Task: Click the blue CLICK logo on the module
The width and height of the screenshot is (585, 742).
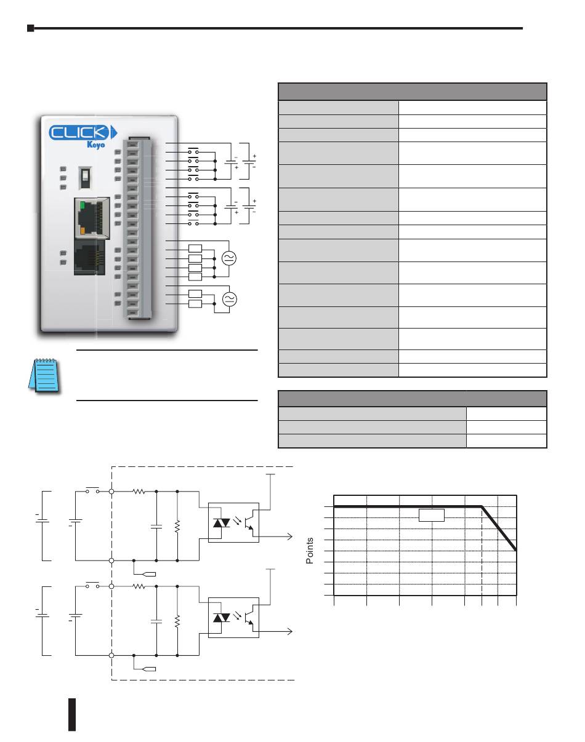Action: click(x=83, y=132)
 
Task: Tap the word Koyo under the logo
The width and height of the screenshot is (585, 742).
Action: click(x=95, y=145)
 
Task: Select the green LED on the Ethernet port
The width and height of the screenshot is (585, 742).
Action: click(x=82, y=206)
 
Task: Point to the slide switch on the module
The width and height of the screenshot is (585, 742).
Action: click(x=85, y=178)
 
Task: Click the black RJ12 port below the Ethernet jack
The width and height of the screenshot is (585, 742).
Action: click(x=89, y=258)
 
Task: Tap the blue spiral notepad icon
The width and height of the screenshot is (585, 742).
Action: click(x=44, y=375)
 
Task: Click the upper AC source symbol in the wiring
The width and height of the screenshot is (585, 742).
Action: click(x=228, y=258)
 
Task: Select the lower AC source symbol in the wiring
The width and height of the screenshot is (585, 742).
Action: click(x=229, y=299)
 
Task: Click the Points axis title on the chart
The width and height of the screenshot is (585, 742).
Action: click(x=310, y=550)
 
